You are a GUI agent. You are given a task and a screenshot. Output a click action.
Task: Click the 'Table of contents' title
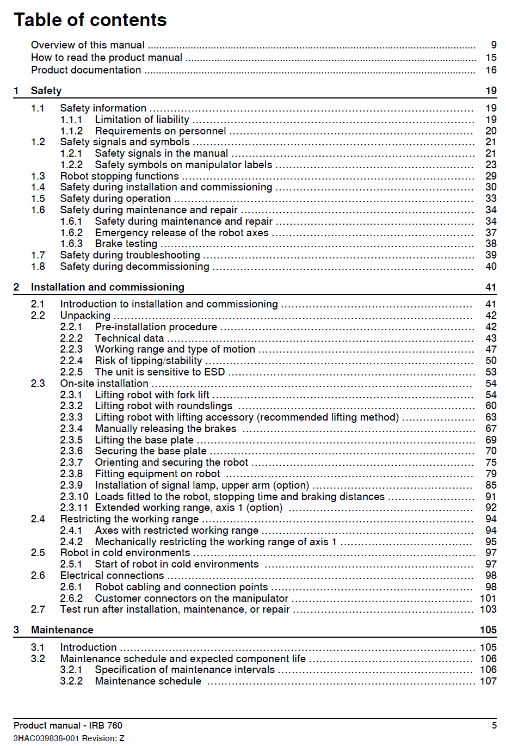click(90, 20)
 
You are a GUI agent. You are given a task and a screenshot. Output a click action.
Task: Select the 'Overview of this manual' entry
click(88, 45)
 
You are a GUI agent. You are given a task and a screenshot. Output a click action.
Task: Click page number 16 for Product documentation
click(491, 70)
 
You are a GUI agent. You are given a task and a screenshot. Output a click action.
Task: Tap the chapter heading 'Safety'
click(46, 91)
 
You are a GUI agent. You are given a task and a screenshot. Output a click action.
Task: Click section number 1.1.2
click(71, 131)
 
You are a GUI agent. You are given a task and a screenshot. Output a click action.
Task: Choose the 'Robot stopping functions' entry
click(119, 176)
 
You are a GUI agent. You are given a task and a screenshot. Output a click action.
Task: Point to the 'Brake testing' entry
click(126, 244)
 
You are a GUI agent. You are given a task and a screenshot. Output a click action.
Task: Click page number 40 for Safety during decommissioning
click(491, 267)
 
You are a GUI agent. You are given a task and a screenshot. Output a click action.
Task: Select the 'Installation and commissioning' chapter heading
click(108, 287)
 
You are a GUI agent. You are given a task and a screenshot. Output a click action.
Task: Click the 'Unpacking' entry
click(85, 316)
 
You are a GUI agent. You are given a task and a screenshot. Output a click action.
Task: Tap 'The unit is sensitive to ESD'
click(159, 372)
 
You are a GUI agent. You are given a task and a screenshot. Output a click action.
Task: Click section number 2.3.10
click(74, 497)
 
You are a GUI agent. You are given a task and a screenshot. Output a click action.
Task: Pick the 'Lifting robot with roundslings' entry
click(163, 406)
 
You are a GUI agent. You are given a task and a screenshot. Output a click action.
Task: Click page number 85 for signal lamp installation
click(491, 485)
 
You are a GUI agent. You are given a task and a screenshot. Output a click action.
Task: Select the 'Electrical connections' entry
click(112, 576)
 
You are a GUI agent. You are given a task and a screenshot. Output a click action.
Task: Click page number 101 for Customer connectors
click(488, 599)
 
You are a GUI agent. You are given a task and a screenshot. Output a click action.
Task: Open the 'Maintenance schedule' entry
click(148, 681)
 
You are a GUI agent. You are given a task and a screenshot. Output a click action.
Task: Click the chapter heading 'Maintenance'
click(62, 630)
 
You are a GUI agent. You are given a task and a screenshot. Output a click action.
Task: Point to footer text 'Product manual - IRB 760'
click(68, 726)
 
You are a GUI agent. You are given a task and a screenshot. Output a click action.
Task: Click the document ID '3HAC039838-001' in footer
click(46, 738)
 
